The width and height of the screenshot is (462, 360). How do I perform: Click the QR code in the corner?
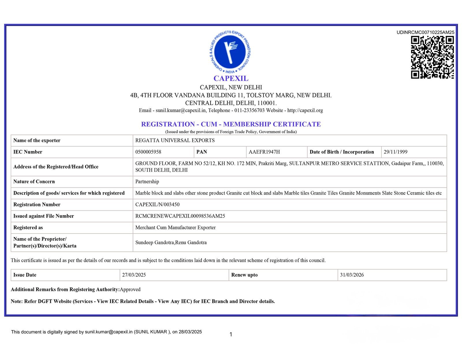[x=432, y=57]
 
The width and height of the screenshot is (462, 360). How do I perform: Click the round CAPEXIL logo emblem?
[x=230, y=52]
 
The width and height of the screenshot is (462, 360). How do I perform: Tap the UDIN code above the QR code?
[x=425, y=32]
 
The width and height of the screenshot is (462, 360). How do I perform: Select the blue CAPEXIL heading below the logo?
[x=231, y=78]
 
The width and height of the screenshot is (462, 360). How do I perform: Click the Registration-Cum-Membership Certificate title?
[x=231, y=124]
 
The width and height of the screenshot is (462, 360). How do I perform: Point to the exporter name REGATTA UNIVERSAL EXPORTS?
[x=175, y=140]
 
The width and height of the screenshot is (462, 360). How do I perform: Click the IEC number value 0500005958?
[x=148, y=152]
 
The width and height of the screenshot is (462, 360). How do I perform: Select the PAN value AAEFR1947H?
[x=264, y=152]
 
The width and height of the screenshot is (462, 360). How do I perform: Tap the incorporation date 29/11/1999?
[x=395, y=152]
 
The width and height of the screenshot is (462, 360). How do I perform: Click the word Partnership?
[x=147, y=182]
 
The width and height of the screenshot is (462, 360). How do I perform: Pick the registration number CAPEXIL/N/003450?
[x=157, y=204]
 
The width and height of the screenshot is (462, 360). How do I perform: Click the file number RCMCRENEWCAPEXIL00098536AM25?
[x=180, y=216]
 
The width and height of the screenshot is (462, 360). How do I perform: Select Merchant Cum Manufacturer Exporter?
[x=175, y=227]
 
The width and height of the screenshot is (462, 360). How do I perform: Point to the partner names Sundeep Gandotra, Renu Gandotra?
[x=171, y=243]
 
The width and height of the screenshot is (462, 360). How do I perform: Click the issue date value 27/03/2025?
[x=134, y=275]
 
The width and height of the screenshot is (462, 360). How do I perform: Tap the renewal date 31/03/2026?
[x=352, y=275]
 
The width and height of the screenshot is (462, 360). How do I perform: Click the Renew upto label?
[x=244, y=275]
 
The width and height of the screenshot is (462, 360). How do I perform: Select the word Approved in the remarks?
[x=130, y=289]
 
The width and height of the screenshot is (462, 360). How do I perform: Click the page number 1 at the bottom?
[x=231, y=334]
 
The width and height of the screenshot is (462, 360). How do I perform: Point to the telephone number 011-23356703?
[x=249, y=110]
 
